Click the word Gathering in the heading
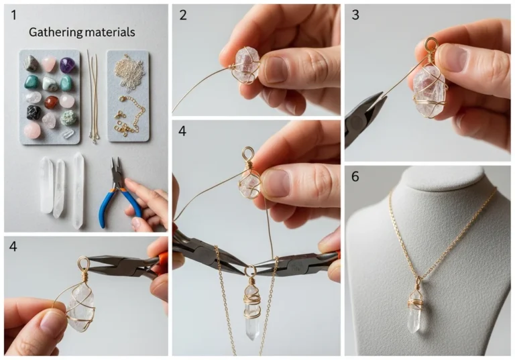56,32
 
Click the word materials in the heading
110,32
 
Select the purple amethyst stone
67,65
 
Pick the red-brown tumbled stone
51,102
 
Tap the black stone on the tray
34,113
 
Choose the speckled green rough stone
68,118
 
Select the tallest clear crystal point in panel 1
78,190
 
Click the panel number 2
183,15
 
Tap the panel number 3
355,15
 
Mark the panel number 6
355,177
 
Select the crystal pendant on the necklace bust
415,309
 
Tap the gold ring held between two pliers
251,271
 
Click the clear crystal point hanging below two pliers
252,312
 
